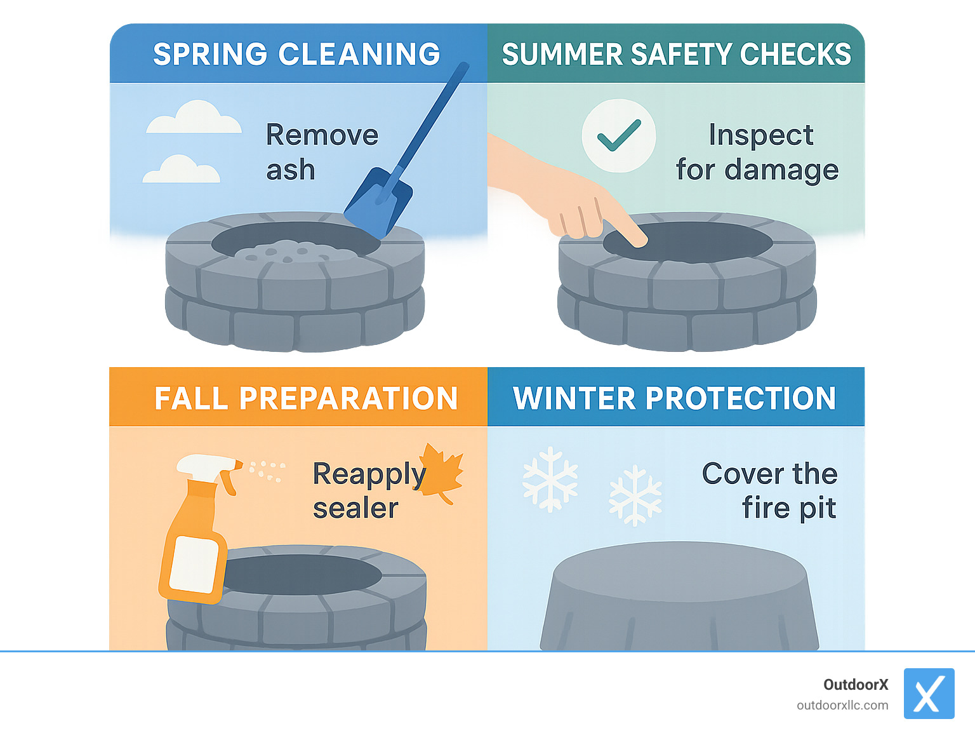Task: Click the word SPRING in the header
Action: (x=210, y=55)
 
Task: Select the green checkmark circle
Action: (x=619, y=136)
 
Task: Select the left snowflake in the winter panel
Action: (x=550, y=479)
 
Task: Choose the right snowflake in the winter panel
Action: (x=635, y=495)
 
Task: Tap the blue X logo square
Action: (x=929, y=694)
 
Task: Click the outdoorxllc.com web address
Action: (x=842, y=705)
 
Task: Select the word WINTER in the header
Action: (x=574, y=399)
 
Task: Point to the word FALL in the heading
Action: (x=191, y=399)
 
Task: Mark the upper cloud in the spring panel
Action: (x=194, y=118)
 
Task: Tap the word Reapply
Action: (x=369, y=474)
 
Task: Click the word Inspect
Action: (x=760, y=135)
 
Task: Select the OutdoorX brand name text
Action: (x=856, y=685)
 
